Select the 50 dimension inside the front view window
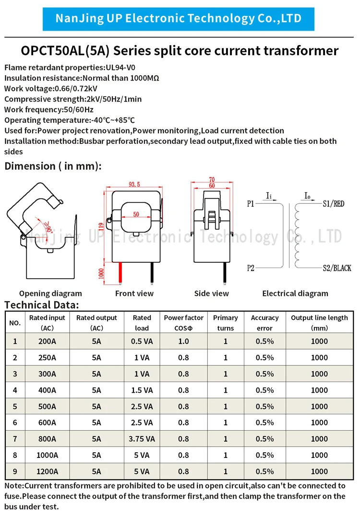click(x=136, y=214)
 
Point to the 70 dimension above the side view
click(x=211, y=180)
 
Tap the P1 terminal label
click(x=251, y=204)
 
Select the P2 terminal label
click(x=251, y=268)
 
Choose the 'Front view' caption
click(x=134, y=293)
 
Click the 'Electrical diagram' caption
click(x=295, y=293)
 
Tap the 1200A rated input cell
click(x=47, y=471)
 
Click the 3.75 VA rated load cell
click(x=142, y=439)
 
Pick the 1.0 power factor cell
click(x=183, y=341)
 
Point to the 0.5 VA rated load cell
click(x=142, y=341)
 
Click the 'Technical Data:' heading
click(x=42, y=305)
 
